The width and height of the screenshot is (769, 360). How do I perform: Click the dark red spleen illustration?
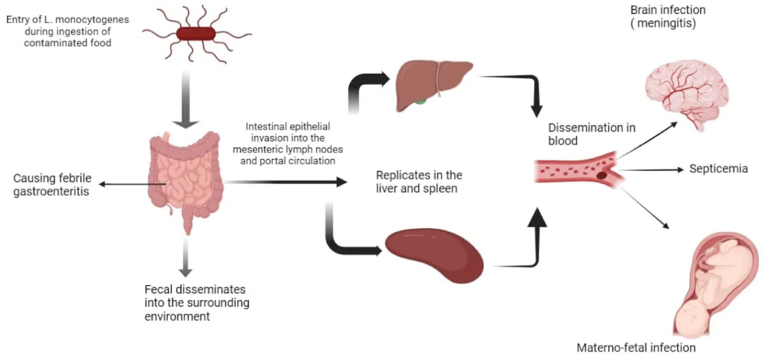pyautogui.click(x=434, y=254)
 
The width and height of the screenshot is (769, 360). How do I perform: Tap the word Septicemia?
pyautogui.click(x=718, y=169)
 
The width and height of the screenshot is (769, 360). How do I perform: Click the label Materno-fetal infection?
pyautogui.click(x=636, y=348)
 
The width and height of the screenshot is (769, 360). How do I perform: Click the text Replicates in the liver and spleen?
pyautogui.click(x=419, y=181)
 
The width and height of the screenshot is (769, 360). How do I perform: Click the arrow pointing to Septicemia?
pyautogui.click(x=654, y=170)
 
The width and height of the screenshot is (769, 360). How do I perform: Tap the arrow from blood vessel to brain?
pyautogui.click(x=647, y=138)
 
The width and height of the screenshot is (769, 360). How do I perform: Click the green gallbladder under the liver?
pyautogui.click(x=420, y=101)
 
